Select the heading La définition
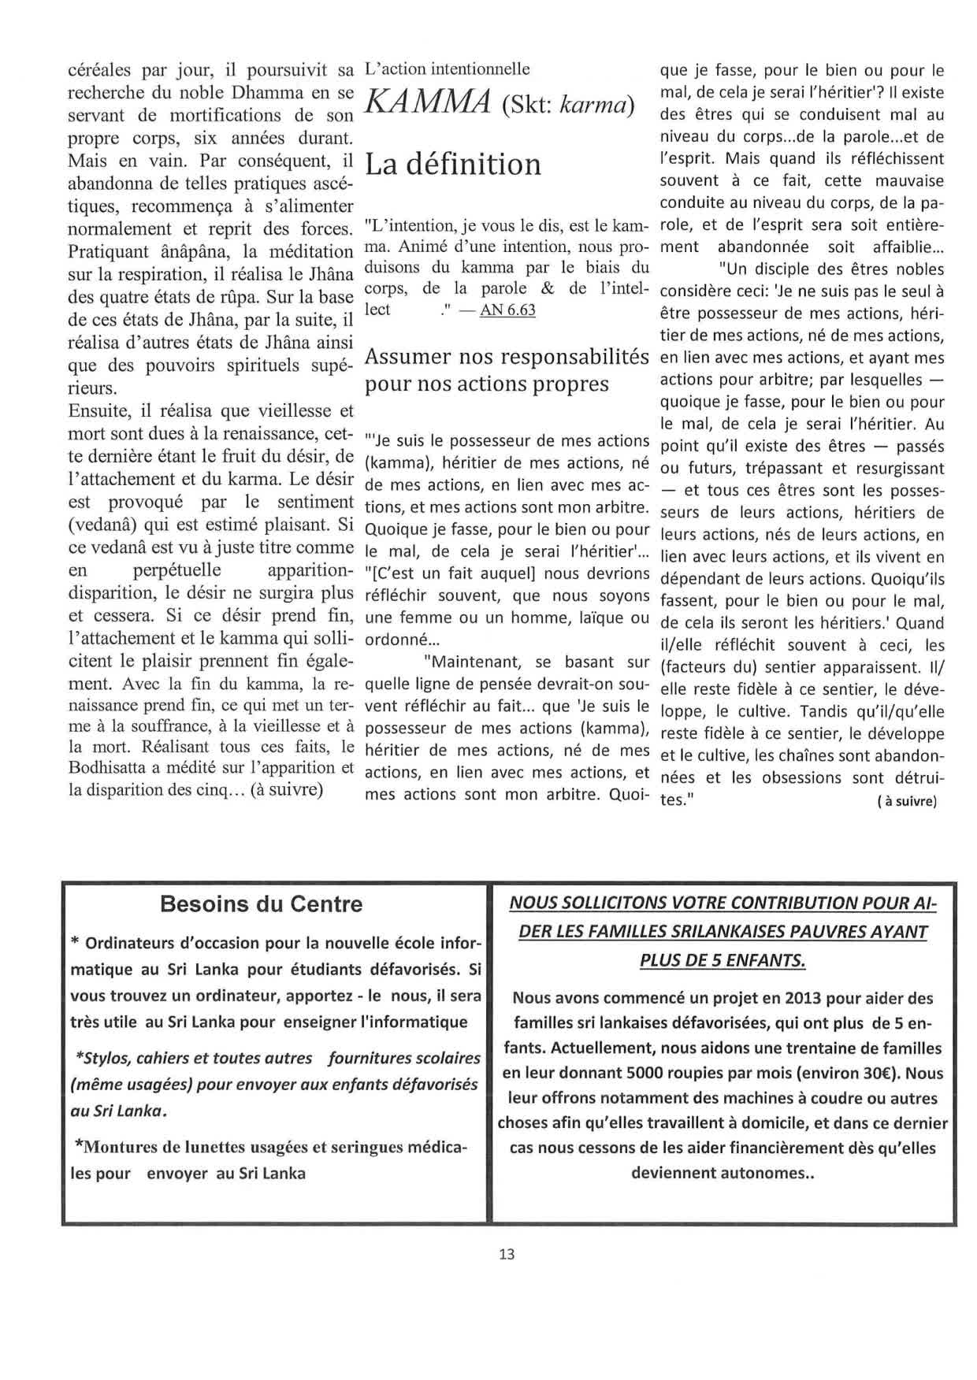tap(454, 164)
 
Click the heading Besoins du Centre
tap(261, 903)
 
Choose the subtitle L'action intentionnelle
tap(448, 69)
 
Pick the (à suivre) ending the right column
tap(905, 802)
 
